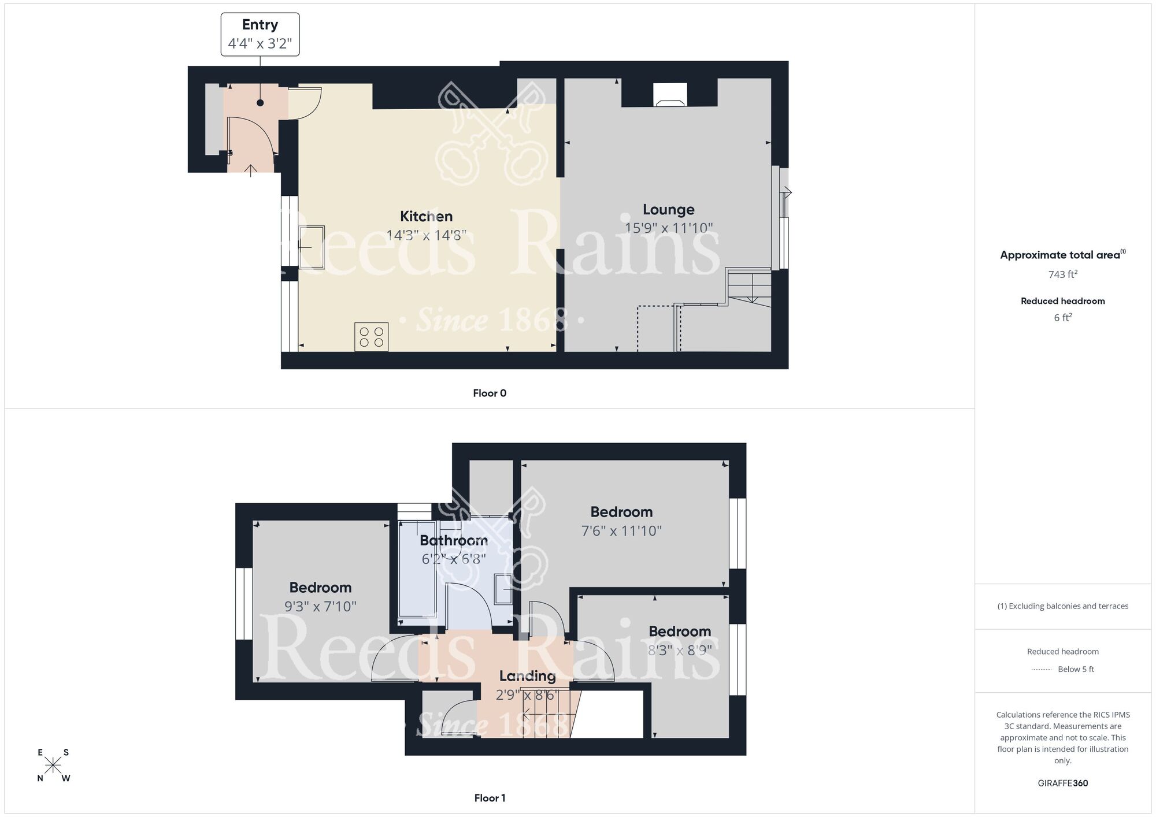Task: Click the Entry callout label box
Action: click(x=260, y=34)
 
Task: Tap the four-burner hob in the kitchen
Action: click(x=371, y=337)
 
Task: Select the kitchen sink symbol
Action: click(x=311, y=247)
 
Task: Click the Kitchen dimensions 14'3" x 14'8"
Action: click(x=426, y=235)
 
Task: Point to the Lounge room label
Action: click(x=668, y=209)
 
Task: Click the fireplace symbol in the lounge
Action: click(x=670, y=95)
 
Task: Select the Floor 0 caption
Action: click(x=490, y=393)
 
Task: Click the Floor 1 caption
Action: click(x=490, y=798)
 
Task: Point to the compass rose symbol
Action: click(x=53, y=766)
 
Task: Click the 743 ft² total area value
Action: click(x=1062, y=274)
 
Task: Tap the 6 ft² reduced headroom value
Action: click(x=1062, y=318)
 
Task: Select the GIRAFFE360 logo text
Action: click(x=1062, y=783)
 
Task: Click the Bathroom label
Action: click(x=453, y=540)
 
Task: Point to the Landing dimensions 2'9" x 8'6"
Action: click(x=527, y=695)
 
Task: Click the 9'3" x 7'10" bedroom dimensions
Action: click(x=320, y=606)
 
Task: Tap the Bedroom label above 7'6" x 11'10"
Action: click(x=621, y=512)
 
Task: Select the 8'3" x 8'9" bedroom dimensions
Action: click(x=680, y=651)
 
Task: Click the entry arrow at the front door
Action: click(x=250, y=170)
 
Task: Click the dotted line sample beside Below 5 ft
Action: click(x=1042, y=670)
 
